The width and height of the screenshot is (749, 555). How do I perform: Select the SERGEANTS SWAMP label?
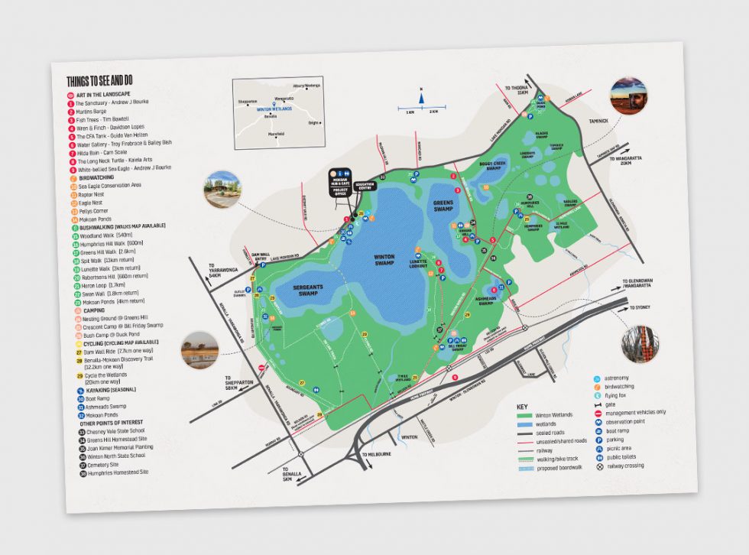(x=297, y=288)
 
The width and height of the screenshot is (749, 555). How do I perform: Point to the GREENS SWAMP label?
(x=443, y=206)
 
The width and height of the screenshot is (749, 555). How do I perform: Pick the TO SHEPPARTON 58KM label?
(x=238, y=381)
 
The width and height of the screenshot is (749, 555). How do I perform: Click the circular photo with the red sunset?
(x=627, y=95)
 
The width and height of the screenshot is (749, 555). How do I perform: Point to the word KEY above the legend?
(x=522, y=406)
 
